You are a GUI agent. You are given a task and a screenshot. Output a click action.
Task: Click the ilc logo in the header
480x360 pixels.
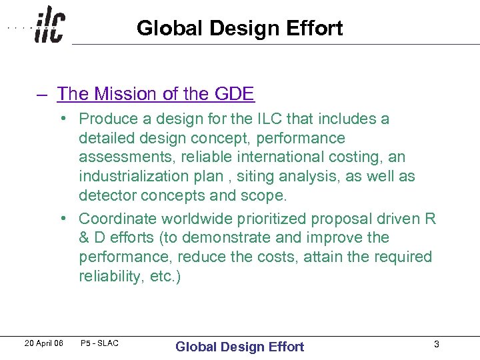(49, 25)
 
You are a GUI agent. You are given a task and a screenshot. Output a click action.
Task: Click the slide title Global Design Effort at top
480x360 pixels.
(239, 28)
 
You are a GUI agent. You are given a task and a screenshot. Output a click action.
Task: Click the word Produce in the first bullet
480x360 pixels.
(109, 119)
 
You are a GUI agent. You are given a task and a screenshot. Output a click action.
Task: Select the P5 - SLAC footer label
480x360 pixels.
(99, 343)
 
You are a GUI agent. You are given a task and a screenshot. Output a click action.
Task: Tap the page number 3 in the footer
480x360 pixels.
(436, 344)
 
